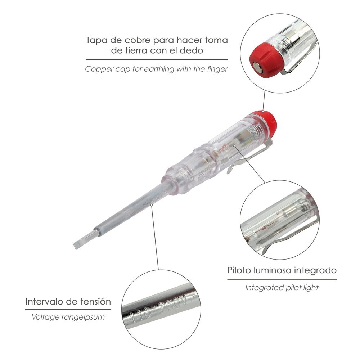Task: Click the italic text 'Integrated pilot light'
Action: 282,288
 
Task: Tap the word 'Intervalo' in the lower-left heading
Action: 44,301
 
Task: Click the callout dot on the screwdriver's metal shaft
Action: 151,205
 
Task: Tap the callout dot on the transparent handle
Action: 234,145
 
